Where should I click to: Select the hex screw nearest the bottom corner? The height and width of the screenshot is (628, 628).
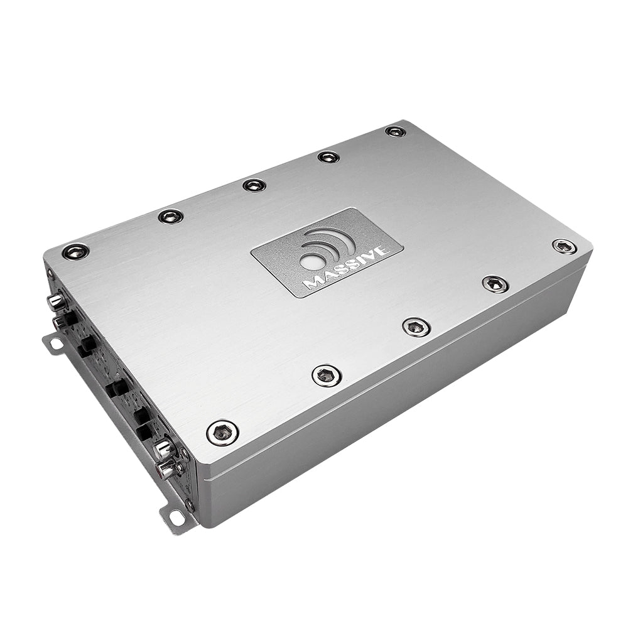(222, 433)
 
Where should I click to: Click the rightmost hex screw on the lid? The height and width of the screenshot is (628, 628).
(564, 246)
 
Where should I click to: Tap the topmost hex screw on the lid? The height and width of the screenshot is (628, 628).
(395, 131)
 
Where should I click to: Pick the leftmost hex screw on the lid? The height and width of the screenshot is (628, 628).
(75, 252)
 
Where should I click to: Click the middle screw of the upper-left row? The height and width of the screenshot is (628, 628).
(254, 185)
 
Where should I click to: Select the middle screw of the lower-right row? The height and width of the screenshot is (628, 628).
(416, 327)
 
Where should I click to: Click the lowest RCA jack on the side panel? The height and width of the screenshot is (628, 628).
(167, 468)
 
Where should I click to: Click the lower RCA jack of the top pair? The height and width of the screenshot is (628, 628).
(60, 322)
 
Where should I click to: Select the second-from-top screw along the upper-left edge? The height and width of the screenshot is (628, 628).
(170, 216)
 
